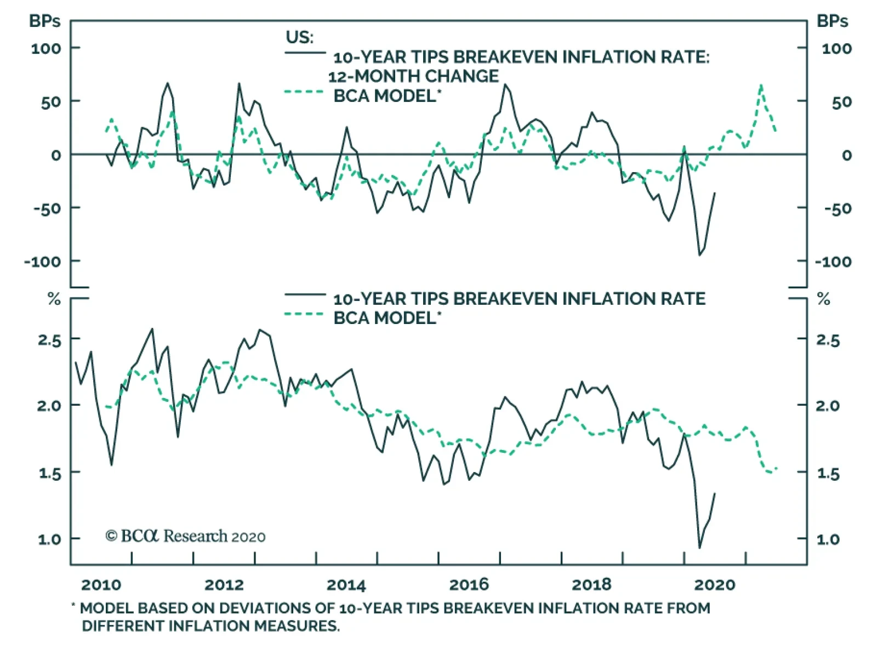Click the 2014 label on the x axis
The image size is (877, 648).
coord(346,585)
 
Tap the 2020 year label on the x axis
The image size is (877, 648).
coord(714,585)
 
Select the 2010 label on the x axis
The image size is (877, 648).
coord(101,585)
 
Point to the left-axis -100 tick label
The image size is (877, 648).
coord(43,262)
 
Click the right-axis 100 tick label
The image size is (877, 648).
coord(836,49)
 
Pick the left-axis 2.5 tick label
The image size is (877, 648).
coord(49,340)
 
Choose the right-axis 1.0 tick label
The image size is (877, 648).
coord(828,539)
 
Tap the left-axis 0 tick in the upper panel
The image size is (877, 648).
coord(56,155)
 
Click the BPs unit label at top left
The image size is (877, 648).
coord(45,21)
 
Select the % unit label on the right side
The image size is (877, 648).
coord(823,299)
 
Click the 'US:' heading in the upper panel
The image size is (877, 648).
coord(299,37)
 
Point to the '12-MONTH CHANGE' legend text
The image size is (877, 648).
coord(413,76)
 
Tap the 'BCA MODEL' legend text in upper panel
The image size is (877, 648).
coord(384,96)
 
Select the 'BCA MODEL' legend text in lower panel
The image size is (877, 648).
coord(384,318)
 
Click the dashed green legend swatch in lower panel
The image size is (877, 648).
coord(305,315)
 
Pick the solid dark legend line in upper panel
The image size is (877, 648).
coord(305,53)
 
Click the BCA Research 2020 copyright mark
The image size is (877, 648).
coord(185,536)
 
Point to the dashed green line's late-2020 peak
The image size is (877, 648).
coord(761,86)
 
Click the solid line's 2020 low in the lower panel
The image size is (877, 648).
coord(699,547)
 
